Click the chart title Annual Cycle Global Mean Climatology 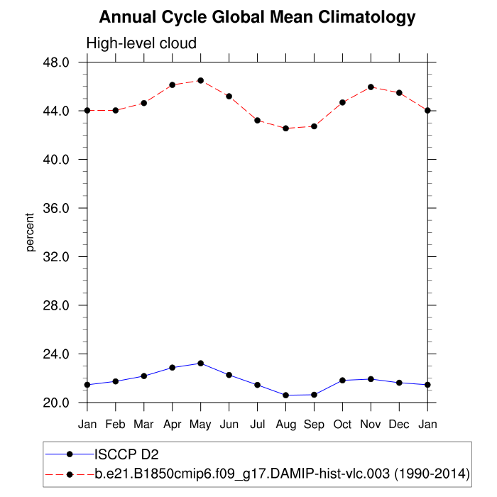tap(257, 17)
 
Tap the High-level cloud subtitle tap(141, 44)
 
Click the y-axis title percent tap(30, 232)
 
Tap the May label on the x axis tap(201, 425)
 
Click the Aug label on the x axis tap(285, 425)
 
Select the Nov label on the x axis tap(371, 425)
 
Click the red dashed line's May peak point tap(201, 80)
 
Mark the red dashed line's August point tap(285, 129)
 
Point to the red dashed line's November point tap(371, 87)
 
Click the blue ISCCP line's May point tap(201, 364)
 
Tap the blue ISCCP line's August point tap(285, 395)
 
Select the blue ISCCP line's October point tap(342, 381)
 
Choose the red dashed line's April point tap(173, 84)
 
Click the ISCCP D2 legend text tap(125, 454)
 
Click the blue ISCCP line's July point tap(257, 385)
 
